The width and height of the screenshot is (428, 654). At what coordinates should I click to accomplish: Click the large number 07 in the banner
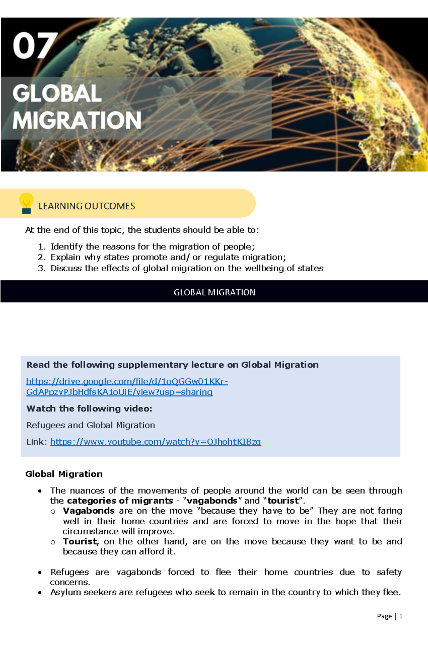(x=35, y=46)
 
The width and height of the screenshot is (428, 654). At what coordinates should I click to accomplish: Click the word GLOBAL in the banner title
(x=57, y=94)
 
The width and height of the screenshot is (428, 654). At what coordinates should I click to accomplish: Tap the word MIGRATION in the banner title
(x=77, y=120)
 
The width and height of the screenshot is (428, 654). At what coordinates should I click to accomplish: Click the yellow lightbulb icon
(x=26, y=202)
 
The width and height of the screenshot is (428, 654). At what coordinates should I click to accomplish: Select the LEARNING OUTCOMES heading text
(x=87, y=206)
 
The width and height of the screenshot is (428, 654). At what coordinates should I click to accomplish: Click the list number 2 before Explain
(x=41, y=257)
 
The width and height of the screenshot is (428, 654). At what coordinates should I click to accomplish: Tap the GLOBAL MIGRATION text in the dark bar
(x=214, y=292)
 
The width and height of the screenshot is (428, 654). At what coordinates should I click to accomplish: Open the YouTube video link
(x=156, y=442)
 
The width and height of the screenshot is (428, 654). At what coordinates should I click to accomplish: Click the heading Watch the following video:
(x=89, y=409)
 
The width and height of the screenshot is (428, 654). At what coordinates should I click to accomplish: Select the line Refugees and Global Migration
(x=91, y=425)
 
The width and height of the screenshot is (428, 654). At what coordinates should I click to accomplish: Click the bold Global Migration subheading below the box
(x=64, y=474)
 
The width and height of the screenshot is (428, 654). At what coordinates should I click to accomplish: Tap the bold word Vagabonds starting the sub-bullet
(x=88, y=511)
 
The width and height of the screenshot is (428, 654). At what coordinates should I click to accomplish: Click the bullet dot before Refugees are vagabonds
(x=40, y=573)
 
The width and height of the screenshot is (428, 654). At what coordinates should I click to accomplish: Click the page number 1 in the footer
(x=401, y=616)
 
